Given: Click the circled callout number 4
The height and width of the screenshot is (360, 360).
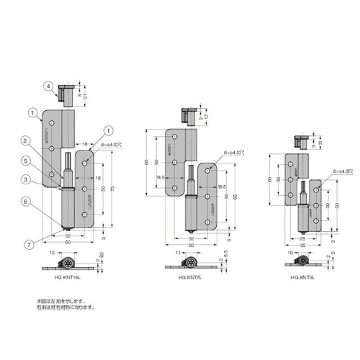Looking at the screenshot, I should coord(48,86).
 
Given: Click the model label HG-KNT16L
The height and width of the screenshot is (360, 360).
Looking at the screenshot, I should coord(71,278).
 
